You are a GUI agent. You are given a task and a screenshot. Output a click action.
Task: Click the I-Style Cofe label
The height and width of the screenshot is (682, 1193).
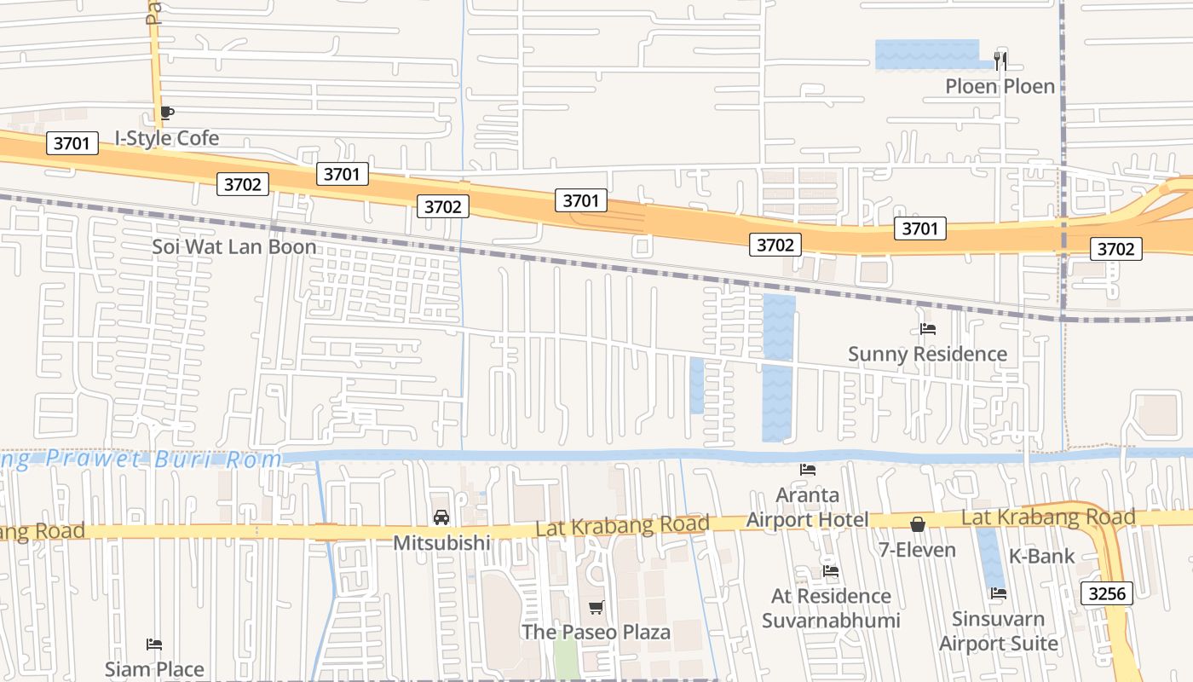pyautogui.click(x=167, y=138)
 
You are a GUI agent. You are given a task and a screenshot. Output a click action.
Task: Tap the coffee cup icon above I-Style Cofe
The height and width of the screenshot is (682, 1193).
pyautogui.click(x=167, y=113)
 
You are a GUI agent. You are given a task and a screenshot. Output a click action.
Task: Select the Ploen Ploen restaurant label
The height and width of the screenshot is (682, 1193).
pyautogui.click(x=1000, y=86)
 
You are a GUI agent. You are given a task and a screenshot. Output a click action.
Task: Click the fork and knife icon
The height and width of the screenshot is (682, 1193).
pyautogui.click(x=1000, y=61)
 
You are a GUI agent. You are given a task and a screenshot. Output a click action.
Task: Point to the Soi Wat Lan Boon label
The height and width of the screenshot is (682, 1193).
pyautogui.click(x=234, y=247)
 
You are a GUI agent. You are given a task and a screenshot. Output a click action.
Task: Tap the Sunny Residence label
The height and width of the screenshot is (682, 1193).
pyautogui.click(x=927, y=354)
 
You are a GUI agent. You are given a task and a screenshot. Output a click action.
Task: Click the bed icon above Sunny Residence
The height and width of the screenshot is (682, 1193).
pyautogui.click(x=928, y=329)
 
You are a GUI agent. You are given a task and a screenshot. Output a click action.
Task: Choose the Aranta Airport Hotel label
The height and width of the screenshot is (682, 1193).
pyautogui.click(x=807, y=507)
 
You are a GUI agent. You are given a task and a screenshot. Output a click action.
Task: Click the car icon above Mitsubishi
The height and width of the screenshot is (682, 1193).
pyautogui.click(x=441, y=517)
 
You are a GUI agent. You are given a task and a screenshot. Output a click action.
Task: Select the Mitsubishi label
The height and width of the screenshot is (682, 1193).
pyautogui.click(x=441, y=542)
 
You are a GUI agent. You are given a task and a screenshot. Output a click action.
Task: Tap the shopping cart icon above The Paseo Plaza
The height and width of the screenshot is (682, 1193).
pyautogui.click(x=596, y=608)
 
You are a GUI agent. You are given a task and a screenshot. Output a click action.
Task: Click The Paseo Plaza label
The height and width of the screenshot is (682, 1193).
pyautogui.click(x=596, y=632)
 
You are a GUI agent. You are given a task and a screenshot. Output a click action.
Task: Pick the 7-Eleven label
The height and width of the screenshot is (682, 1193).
pyautogui.click(x=918, y=550)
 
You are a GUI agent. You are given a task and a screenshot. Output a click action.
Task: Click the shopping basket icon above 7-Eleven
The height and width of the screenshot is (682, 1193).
pyautogui.click(x=918, y=524)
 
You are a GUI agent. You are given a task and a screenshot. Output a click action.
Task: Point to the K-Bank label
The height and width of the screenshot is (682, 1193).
pyautogui.click(x=1042, y=557)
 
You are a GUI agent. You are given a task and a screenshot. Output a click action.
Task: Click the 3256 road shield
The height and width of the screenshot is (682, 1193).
pyautogui.click(x=1107, y=593)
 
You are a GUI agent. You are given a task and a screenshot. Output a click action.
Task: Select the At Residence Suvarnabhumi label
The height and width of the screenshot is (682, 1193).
pyautogui.click(x=831, y=608)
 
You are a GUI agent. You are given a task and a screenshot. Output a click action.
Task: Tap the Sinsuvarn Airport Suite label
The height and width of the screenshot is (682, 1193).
pyautogui.click(x=999, y=632)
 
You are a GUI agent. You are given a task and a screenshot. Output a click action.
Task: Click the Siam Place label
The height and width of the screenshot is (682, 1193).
pyautogui.click(x=154, y=669)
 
